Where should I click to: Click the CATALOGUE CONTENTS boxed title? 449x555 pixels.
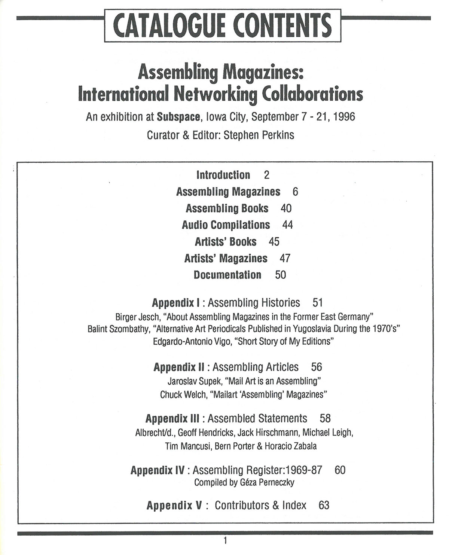pos(223,25)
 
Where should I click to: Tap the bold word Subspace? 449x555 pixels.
pos(178,117)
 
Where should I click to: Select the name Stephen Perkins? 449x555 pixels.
pos(259,135)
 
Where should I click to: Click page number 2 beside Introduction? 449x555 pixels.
pos(266,175)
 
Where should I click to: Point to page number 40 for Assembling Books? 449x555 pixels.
pos(286,208)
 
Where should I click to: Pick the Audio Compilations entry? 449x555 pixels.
pos(226,225)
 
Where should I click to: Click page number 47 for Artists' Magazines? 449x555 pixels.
pos(285,258)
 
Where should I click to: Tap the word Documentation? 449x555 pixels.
pos(227,275)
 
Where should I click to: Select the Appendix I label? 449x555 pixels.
pos(177,302)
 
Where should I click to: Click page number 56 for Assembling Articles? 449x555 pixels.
pos(317,367)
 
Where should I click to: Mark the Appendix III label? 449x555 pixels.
pos(172,418)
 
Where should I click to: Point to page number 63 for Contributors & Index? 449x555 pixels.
pos(324,505)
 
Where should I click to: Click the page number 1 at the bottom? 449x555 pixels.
pos(225,540)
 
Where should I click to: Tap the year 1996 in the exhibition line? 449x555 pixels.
pos(344,117)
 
